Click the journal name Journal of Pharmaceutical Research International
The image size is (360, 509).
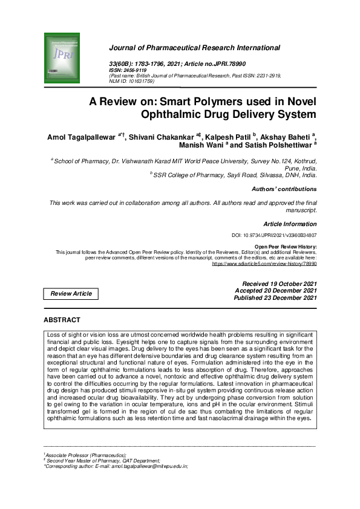pyautogui.click(x=194, y=48)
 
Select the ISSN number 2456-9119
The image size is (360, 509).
pyautogui.click(x=137, y=70)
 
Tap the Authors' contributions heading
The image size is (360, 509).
pyautogui.click(x=283, y=189)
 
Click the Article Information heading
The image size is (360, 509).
pyautogui.click(x=290, y=224)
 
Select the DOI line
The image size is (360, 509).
pyautogui.click(x=274, y=235)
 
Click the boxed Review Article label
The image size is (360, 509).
pyautogui.click(x=71, y=294)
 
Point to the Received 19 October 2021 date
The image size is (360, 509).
pyautogui.click(x=279, y=284)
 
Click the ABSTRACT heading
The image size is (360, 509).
pyautogui.click(x=62, y=320)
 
